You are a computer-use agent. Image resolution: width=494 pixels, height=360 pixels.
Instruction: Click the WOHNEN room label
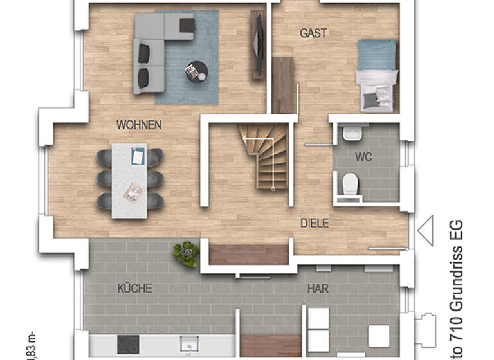(139, 125)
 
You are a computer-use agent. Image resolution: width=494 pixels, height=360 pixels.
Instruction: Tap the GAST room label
(313, 33)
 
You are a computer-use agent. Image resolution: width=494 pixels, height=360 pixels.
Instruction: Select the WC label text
(363, 157)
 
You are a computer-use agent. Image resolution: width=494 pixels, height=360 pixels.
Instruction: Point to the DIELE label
(315, 224)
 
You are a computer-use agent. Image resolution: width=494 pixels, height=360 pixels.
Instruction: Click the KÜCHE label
(134, 289)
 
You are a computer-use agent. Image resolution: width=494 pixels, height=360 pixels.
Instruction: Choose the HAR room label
(318, 289)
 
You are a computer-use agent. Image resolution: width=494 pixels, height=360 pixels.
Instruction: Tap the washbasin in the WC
(351, 134)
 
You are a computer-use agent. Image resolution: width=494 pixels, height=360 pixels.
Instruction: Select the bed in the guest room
(376, 75)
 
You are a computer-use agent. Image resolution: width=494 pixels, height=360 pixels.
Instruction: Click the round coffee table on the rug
(196, 71)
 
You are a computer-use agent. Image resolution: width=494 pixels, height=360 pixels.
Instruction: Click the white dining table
(129, 180)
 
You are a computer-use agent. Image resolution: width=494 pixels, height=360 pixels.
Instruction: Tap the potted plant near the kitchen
(186, 253)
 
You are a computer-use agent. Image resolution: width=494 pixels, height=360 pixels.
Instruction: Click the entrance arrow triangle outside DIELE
(425, 230)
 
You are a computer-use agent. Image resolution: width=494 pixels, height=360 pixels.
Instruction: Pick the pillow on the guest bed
(370, 99)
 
